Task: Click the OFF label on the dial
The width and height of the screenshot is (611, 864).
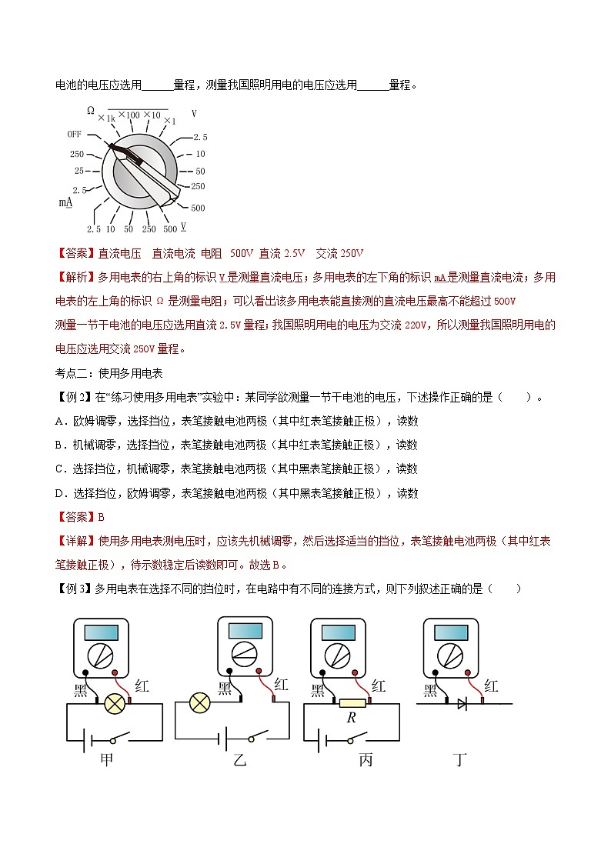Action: tap(74, 134)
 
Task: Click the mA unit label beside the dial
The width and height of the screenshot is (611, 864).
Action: tap(65, 202)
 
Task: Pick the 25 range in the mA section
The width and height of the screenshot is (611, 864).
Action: tap(78, 171)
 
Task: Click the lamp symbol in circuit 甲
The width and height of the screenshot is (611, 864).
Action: tap(115, 701)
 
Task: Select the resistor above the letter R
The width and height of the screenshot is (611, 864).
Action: tap(352, 702)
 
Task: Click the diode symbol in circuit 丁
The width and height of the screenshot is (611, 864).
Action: tap(462, 702)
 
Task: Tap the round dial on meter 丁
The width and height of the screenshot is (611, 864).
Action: tap(448, 656)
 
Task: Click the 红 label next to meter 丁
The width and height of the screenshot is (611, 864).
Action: tap(491, 686)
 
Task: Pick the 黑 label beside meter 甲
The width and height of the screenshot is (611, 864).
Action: tap(81, 689)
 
